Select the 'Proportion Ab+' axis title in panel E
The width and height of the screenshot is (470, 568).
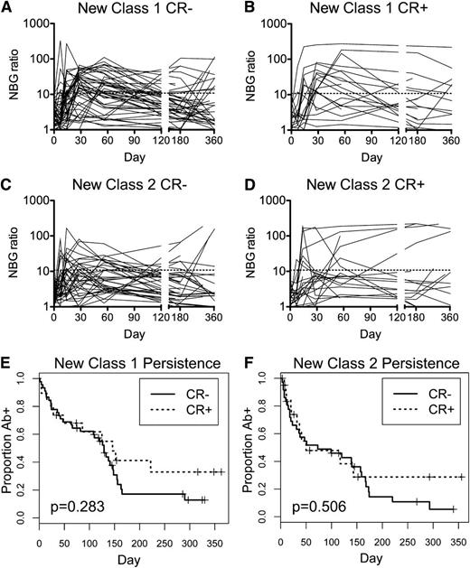8,452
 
